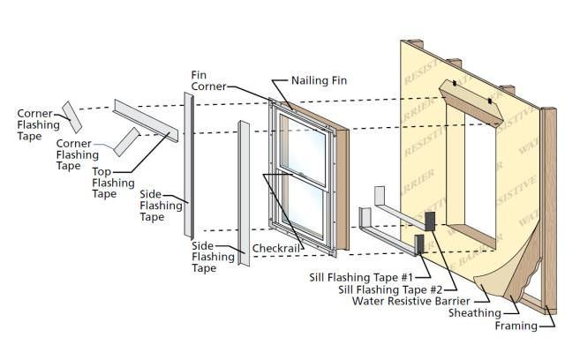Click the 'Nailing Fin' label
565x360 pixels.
[x=320, y=80]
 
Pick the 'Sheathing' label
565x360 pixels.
[x=475, y=313]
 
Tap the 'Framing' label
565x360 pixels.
[x=516, y=326]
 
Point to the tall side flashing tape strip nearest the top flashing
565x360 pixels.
[x=188, y=168]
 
